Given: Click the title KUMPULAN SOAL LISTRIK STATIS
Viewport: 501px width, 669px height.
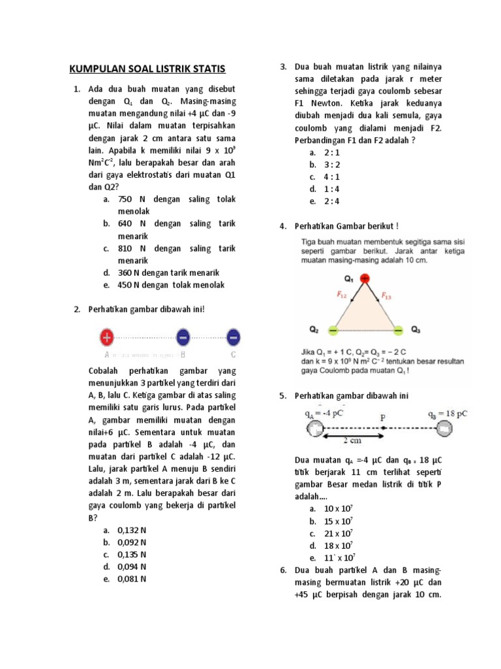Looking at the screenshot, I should point(147,69).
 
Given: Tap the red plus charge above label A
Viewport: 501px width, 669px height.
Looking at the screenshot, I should point(106,337).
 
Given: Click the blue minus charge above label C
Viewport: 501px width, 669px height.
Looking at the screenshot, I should point(234,337).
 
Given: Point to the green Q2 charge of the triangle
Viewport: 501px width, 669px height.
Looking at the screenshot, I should point(333,330).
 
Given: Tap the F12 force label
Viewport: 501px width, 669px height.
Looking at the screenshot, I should point(342,295).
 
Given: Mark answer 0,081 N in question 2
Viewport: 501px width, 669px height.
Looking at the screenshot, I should point(132,579).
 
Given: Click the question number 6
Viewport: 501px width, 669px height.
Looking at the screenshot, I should point(283,570).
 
